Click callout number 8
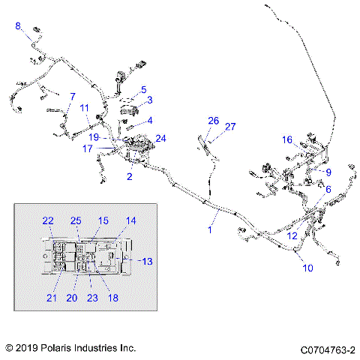tap(18, 26)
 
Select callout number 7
tap(72, 97)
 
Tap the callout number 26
tap(213, 120)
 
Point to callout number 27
tap(231, 126)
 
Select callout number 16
tap(287, 139)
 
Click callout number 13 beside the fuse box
tap(147, 261)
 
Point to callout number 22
tap(48, 220)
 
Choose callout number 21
tap(52, 298)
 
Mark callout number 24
tap(160, 138)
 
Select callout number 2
tap(130, 176)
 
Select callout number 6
tap(328, 190)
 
